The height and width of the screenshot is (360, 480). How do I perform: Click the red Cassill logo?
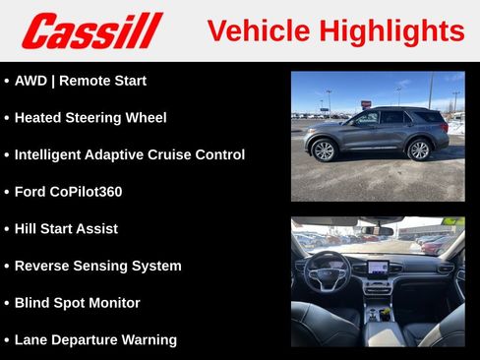click(91, 30)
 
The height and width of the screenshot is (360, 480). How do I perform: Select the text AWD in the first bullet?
click(32, 81)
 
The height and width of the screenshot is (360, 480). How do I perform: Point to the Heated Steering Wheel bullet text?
click(90, 118)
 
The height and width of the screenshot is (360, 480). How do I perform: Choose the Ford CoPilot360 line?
click(68, 192)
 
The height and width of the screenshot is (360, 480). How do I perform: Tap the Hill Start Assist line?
click(66, 228)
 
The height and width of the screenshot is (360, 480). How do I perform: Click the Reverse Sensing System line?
click(97, 266)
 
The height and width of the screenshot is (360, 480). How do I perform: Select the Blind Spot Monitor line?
click(77, 303)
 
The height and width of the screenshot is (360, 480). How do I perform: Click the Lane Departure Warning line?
click(95, 339)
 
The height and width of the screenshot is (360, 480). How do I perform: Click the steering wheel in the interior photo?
click(327, 268)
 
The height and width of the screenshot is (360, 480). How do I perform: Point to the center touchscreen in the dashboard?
click(378, 267)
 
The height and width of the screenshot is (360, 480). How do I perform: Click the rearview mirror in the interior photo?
click(375, 230)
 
